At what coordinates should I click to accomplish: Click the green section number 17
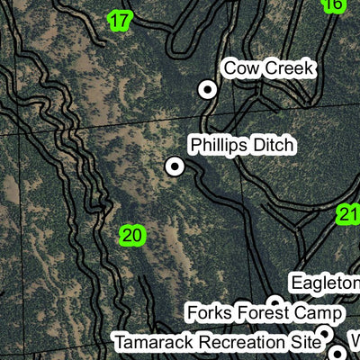point(120,20)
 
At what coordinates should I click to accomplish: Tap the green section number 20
point(131,236)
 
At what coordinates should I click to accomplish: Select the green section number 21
point(349,214)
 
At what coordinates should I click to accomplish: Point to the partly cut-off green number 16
point(333,4)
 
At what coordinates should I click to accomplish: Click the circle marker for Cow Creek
point(208,89)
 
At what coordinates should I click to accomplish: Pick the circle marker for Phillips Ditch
point(174,166)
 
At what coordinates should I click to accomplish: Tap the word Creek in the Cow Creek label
point(288,67)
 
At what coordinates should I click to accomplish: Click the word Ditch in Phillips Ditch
point(275,145)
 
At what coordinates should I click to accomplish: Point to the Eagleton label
point(325,283)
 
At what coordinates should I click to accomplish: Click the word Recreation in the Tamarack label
point(241,343)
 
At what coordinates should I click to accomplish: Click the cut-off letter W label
point(354,342)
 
